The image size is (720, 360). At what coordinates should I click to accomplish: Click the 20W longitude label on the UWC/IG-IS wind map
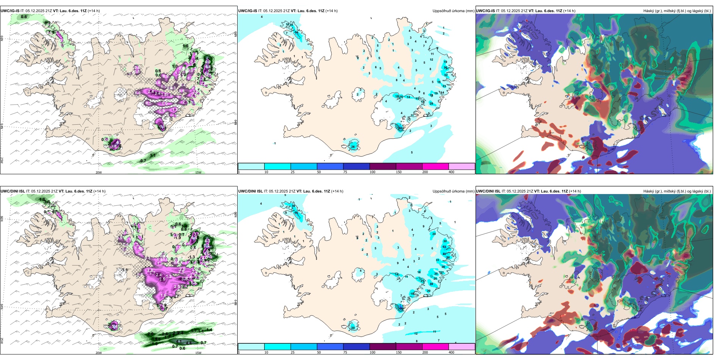[99, 172]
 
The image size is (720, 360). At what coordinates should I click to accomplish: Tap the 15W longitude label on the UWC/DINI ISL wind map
[198, 353]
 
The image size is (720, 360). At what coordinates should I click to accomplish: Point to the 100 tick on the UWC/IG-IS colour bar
[372, 172]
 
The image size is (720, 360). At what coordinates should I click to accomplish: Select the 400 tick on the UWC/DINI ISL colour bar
[451, 352]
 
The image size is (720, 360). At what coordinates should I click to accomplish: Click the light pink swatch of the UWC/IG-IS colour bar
[462, 166]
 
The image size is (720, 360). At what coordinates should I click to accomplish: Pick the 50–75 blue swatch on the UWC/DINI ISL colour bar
[330, 347]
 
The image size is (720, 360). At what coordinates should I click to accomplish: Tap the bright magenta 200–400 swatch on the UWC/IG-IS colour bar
[435, 166]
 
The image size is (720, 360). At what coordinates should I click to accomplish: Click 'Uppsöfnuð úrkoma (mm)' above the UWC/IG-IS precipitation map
[453, 11]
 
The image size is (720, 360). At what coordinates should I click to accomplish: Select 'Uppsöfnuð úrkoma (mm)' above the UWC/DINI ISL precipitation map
[453, 191]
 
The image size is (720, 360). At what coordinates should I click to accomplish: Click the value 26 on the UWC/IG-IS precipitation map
[353, 147]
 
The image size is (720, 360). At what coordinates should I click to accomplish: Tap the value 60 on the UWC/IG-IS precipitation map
[400, 128]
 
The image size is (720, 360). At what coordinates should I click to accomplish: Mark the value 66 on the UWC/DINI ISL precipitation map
[401, 308]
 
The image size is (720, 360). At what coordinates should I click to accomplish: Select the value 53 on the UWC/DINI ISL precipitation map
[444, 247]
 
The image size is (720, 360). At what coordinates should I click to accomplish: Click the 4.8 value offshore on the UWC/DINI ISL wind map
[189, 343]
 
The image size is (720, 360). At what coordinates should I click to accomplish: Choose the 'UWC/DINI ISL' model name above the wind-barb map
[13, 191]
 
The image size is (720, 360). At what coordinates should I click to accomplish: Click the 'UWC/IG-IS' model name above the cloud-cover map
[485, 11]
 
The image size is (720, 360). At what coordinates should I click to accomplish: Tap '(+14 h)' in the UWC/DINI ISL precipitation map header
[337, 191]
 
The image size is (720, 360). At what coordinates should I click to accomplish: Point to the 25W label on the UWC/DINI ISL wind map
[2, 341]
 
